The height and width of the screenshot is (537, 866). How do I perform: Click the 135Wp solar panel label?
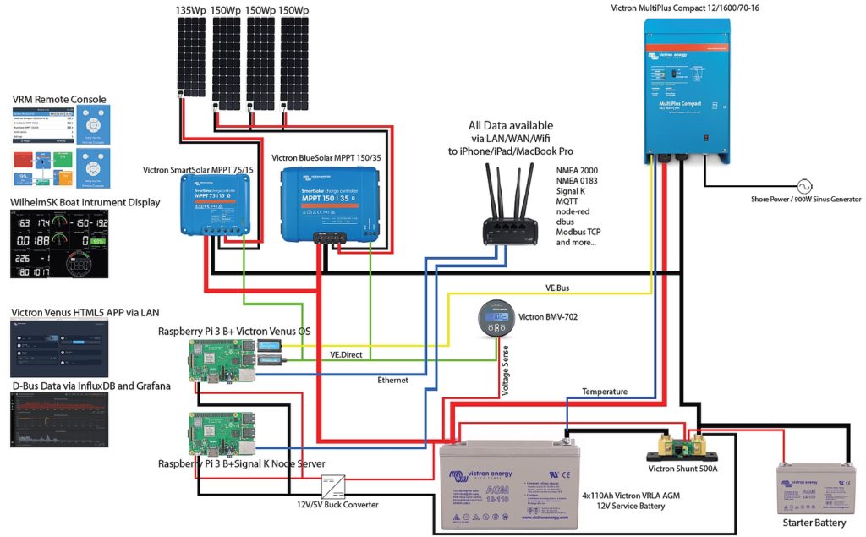pyautogui.click(x=190, y=10)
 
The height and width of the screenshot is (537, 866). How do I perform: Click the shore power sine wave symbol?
pyautogui.click(x=795, y=185)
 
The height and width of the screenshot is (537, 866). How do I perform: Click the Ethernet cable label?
pyautogui.click(x=392, y=380)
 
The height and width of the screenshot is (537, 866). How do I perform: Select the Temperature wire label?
pyautogui.click(x=605, y=392)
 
